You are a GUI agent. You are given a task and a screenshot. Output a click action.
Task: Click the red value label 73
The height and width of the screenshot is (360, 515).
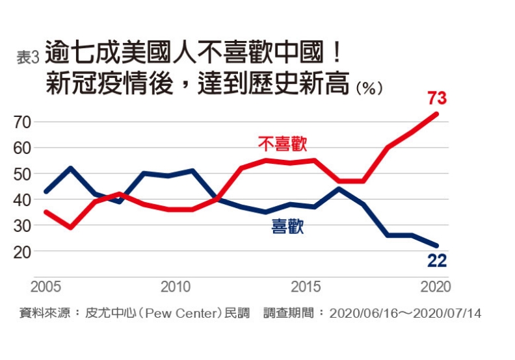(x=436, y=98)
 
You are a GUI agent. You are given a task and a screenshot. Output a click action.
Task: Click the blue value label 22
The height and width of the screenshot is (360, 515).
(x=436, y=261)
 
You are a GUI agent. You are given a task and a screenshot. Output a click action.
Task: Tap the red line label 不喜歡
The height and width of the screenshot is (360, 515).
(x=282, y=144)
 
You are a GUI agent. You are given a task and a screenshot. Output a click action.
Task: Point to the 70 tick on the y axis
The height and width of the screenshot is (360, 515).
(x=22, y=122)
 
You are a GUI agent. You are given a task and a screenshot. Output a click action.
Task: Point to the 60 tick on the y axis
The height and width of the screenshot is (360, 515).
(x=22, y=148)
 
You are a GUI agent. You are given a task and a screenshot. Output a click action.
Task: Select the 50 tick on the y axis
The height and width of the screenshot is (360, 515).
(x=22, y=174)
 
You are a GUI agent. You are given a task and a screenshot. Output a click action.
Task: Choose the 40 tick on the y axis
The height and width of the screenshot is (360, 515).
(x=22, y=199)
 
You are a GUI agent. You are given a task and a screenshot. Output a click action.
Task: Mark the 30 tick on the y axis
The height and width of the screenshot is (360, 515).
(x=22, y=225)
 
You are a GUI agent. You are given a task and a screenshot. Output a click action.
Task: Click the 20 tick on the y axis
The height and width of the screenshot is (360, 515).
(x=22, y=251)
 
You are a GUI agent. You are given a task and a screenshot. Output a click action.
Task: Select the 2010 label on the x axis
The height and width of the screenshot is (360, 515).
(x=175, y=287)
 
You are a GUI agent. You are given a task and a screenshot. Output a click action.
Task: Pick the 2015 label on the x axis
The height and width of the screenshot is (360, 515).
(x=306, y=287)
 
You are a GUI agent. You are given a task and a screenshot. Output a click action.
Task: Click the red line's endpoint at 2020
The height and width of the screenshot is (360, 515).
(x=437, y=114)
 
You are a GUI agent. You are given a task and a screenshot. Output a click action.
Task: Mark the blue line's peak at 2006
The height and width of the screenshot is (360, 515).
(x=70, y=168)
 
